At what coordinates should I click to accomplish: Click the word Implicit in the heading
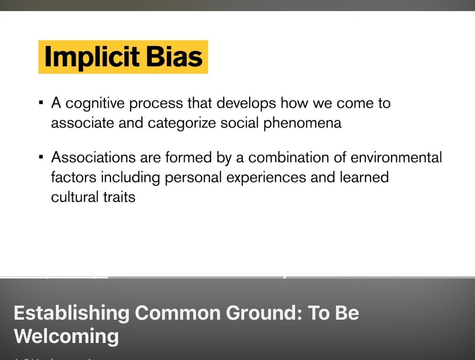pyautogui.click(x=92, y=57)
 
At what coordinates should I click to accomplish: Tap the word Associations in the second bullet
pyautogui.click(x=93, y=157)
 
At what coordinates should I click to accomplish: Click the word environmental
pyautogui.click(x=396, y=157)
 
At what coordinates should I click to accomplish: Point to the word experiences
pyautogui.click(x=266, y=177)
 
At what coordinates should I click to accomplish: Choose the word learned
pyautogui.click(x=364, y=177)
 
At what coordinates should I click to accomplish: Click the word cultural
pyautogui.click(x=74, y=197)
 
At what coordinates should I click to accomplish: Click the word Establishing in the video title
pyautogui.click(x=71, y=313)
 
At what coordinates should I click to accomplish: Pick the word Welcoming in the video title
pyautogui.click(x=66, y=336)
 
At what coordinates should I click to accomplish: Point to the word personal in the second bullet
pyautogui.click(x=193, y=177)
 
